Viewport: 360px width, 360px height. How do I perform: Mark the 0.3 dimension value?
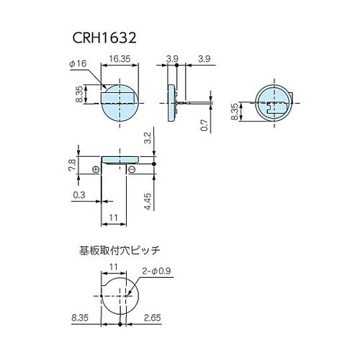(78, 194)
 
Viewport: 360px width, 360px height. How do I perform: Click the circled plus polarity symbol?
(96, 169)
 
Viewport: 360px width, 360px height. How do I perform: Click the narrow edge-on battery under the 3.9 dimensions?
(171, 103)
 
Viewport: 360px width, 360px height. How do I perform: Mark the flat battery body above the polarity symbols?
(120, 158)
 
